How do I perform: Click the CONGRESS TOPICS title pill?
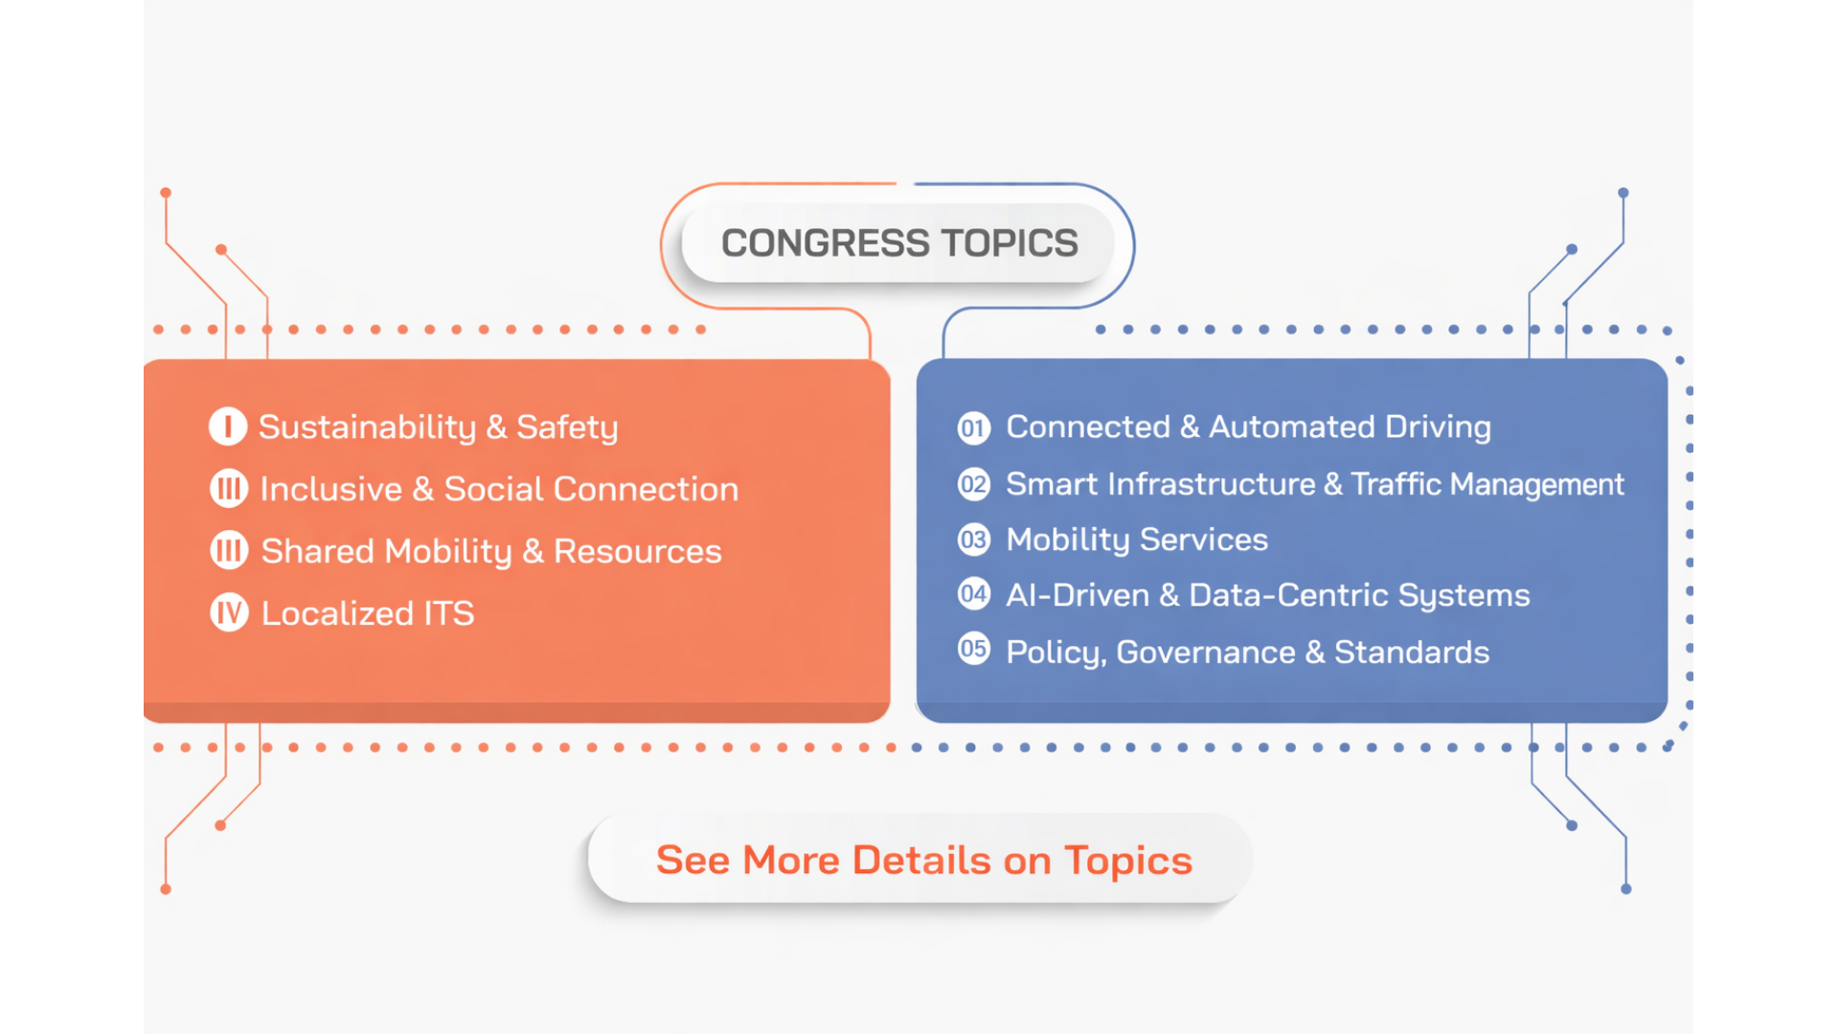tap(898, 243)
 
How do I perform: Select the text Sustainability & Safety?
tap(439, 427)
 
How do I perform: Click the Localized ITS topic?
tap(368, 613)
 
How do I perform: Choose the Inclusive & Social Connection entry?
tap(499, 489)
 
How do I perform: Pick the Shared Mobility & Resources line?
tap(491, 551)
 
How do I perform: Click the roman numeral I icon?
tap(228, 426)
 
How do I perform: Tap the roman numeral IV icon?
tap(229, 612)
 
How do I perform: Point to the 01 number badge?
tap(973, 427)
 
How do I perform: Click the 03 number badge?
tap(973, 540)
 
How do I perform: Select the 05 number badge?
tap(973, 649)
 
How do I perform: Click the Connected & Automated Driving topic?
tap(1248, 426)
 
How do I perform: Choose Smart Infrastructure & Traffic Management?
tap(1315, 484)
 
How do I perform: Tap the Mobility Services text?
tap(1137, 540)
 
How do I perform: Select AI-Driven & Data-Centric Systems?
tap(1268, 595)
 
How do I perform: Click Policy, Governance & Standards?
tap(1248, 652)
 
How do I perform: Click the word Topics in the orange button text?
tap(1128, 861)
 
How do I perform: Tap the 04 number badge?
tap(973, 594)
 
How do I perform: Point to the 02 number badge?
tap(973, 484)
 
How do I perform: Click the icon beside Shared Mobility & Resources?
tap(229, 550)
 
